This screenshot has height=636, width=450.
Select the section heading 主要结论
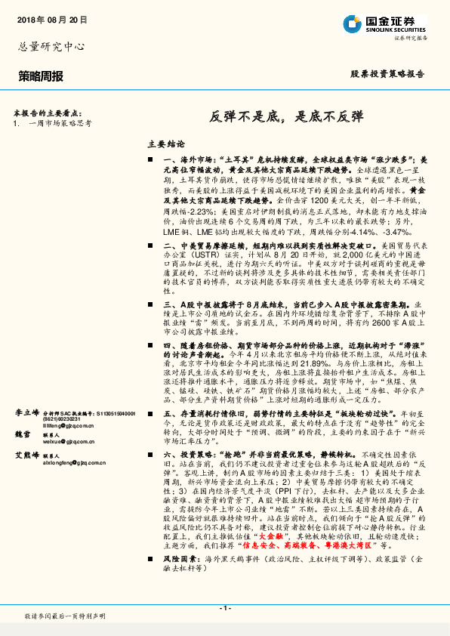165,144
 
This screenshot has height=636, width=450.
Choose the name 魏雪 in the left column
24,434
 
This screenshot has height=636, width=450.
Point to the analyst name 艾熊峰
28,456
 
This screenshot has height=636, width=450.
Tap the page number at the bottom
224,607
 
